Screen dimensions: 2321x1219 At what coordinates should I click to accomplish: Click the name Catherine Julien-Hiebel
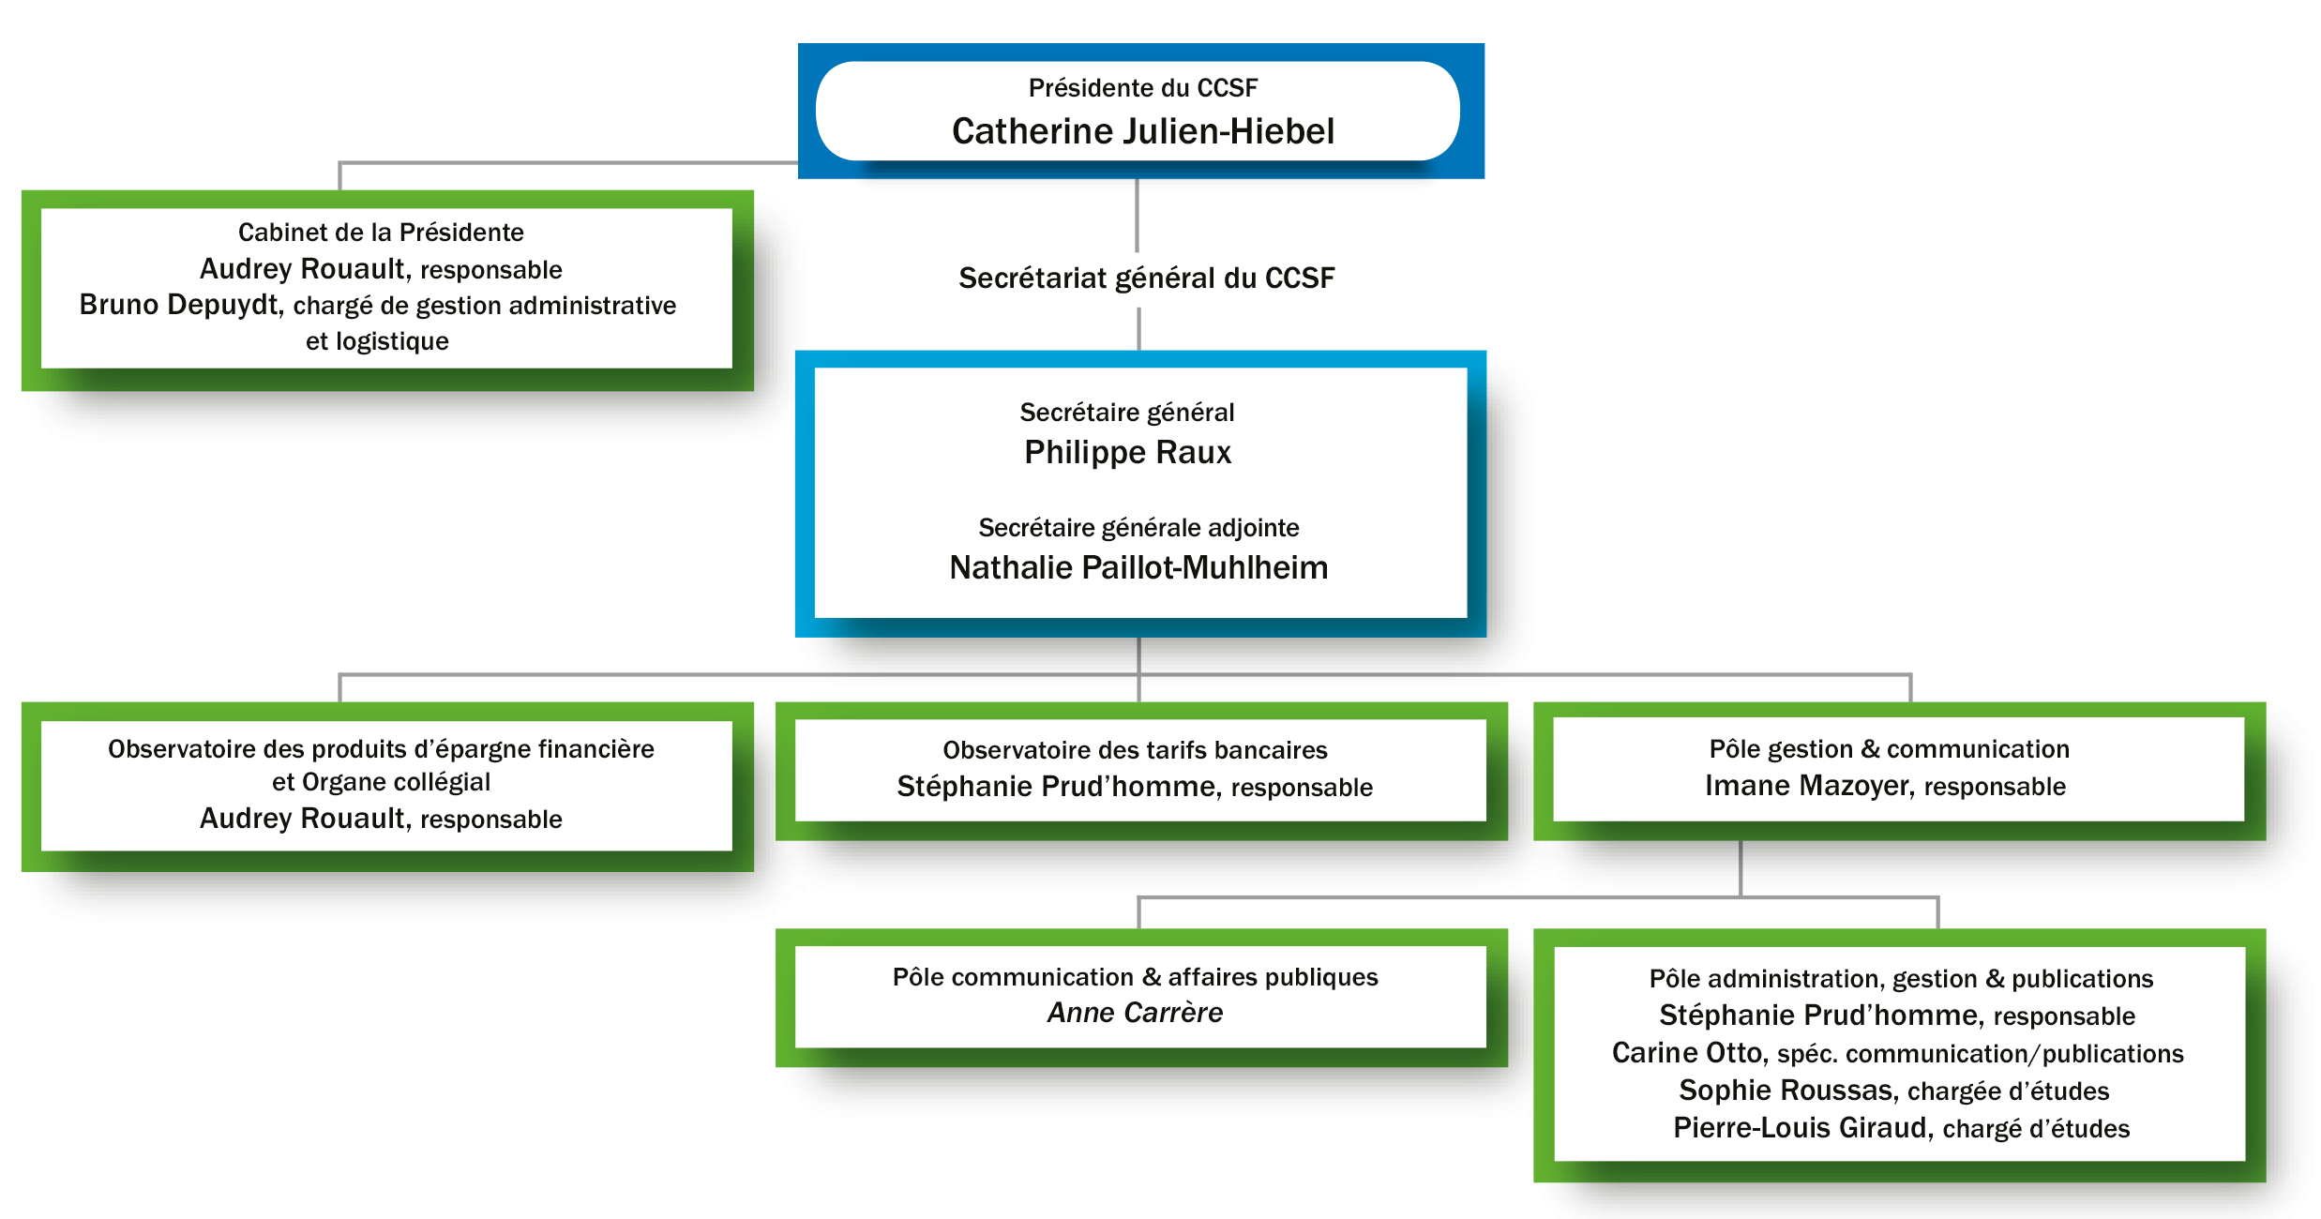1142,131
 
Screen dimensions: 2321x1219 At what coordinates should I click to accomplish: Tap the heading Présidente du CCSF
1142,88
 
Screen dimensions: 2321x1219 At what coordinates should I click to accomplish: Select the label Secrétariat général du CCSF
1146,278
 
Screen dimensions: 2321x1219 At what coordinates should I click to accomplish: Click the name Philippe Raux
1127,453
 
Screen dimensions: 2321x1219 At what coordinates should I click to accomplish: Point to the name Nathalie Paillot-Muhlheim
1138,567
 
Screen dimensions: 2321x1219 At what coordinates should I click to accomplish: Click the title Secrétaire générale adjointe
1138,528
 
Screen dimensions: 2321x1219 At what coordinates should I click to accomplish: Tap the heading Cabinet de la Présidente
381,233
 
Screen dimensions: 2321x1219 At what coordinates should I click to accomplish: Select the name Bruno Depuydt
179,306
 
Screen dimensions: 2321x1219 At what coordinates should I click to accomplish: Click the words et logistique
377,341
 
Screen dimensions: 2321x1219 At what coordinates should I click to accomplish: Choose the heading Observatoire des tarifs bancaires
1135,750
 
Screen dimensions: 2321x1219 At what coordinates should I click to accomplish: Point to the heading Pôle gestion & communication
1889,749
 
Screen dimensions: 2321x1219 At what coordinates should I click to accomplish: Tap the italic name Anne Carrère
1135,1013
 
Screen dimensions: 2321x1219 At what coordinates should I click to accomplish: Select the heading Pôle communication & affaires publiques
1135,977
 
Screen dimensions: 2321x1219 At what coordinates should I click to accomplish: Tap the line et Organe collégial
381,782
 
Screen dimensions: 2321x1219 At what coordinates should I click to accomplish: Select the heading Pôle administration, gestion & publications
1901,979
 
